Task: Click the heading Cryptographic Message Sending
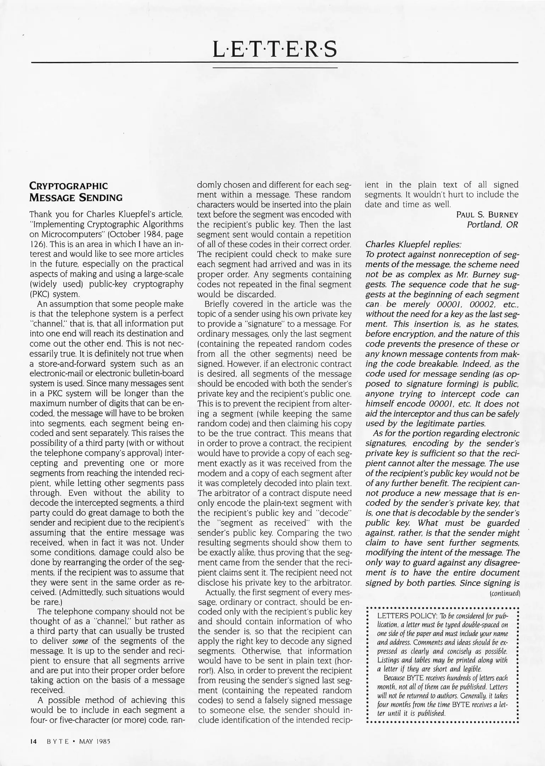[76, 191]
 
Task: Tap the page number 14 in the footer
[33, 741]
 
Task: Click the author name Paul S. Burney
[487, 215]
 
